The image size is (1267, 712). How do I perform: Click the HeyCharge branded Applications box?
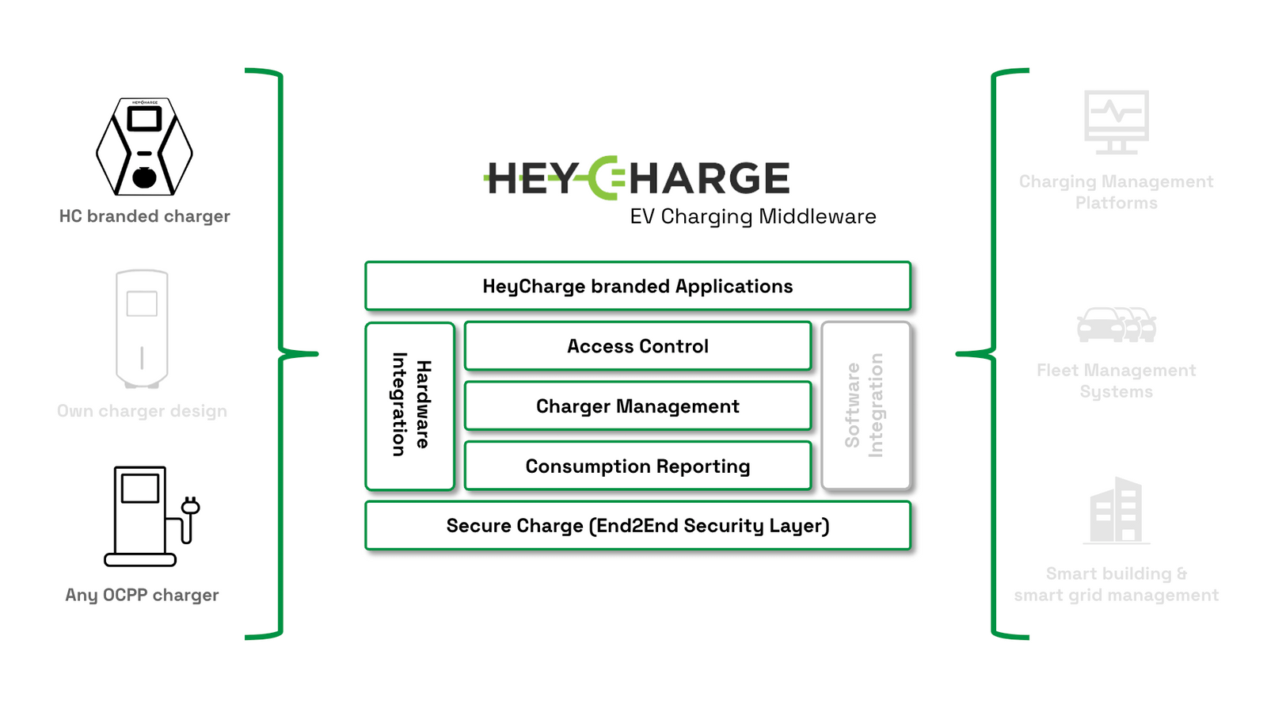(x=637, y=286)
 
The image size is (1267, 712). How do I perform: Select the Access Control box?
(x=637, y=346)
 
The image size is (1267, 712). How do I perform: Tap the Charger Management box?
(x=637, y=406)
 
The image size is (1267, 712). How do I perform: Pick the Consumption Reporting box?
(x=637, y=466)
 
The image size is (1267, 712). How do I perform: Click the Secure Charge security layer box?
(x=637, y=526)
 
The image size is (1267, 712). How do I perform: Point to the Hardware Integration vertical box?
(x=410, y=405)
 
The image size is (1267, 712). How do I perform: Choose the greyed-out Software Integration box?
(x=866, y=405)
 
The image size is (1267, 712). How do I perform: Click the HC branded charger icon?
(x=144, y=147)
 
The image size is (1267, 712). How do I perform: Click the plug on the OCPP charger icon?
(x=190, y=507)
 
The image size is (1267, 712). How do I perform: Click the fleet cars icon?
(x=1117, y=325)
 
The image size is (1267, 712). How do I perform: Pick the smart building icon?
(x=1116, y=510)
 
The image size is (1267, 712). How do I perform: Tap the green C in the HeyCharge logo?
(x=605, y=177)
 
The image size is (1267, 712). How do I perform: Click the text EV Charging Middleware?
(x=752, y=216)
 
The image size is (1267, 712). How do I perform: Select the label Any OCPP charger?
(x=142, y=595)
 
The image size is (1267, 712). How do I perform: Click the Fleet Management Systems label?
(x=1116, y=381)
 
